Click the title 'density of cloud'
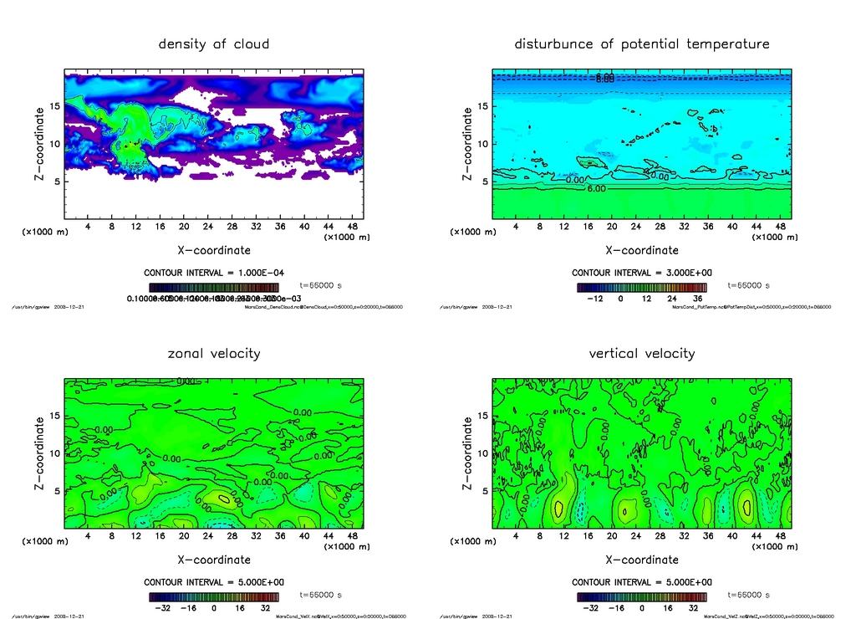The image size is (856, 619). [214, 43]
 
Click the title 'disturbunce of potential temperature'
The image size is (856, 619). [642, 43]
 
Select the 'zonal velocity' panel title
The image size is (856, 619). [214, 353]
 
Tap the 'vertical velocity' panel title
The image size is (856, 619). [642, 353]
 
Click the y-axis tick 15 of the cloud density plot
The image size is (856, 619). [53, 106]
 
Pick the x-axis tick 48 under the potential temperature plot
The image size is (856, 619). [781, 228]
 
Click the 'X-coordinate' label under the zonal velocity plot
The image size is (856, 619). [214, 559]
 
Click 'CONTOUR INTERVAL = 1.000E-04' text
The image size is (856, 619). [214, 273]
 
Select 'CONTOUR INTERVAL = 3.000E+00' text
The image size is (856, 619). [642, 273]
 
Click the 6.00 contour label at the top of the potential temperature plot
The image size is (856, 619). [605, 78]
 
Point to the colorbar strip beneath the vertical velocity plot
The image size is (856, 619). [641, 597]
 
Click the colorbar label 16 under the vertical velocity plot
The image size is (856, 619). [669, 608]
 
